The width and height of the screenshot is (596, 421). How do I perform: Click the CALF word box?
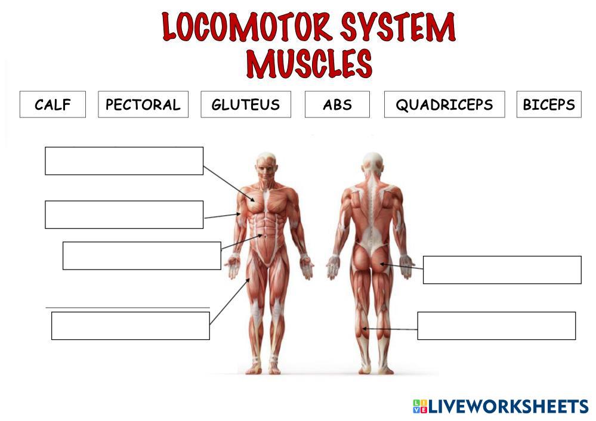53,104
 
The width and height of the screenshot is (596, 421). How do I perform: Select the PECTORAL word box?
143,104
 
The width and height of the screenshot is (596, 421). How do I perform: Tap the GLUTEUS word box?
245,104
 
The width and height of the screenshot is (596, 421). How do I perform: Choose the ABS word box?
337,104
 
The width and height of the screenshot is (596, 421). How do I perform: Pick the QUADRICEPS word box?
444,104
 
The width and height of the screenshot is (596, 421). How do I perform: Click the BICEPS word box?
548,104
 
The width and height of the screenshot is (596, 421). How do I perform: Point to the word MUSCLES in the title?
309,64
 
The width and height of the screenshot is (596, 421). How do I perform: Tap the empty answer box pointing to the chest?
124,161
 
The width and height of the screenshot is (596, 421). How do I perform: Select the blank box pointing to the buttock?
502,270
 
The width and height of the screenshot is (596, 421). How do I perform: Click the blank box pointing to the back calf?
496,326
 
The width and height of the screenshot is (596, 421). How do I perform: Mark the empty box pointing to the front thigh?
130,326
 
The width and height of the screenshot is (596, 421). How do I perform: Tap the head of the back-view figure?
372,164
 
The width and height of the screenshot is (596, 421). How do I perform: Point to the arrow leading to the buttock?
401,266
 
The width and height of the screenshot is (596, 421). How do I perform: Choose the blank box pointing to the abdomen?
141,256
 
